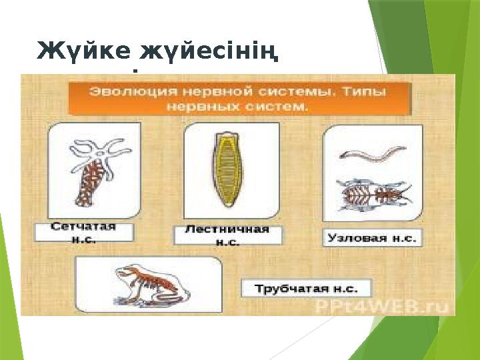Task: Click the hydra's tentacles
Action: (x=101, y=150)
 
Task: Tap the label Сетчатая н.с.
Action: (x=84, y=232)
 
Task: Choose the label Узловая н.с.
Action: (x=373, y=238)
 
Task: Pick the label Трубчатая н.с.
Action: (x=307, y=288)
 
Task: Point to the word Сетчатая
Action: (x=84, y=227)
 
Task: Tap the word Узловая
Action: (x=357, y=238)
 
